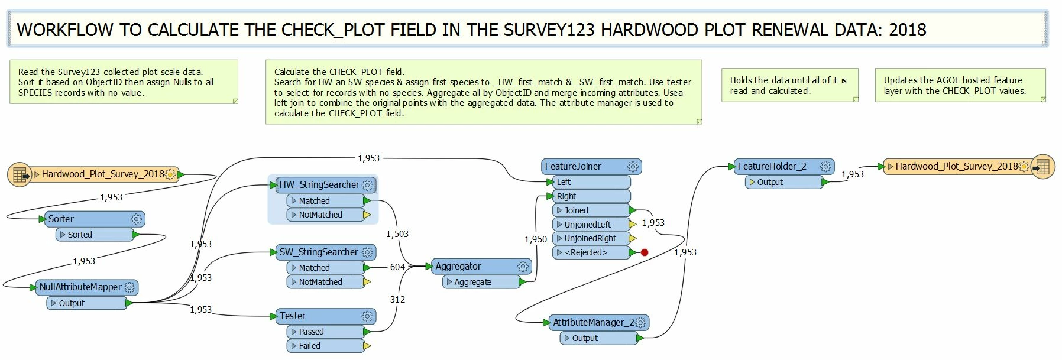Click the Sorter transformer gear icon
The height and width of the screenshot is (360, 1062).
click(x=136, y=219)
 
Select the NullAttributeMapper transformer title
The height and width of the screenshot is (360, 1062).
click(x=80, y=287)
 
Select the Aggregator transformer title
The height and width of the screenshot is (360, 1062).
click(x=458, y=267)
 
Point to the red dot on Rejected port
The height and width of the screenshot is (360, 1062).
click(x=645, y=252)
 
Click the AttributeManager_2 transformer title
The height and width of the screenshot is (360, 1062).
click(x=593, y=323)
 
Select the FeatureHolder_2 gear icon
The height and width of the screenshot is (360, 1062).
click(x=825, y=167)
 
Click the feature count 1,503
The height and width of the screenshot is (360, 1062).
click(x=397, y=234)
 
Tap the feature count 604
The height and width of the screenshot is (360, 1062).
click(x=397, y=267)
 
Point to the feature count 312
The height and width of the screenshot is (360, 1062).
click(x=397, y=300)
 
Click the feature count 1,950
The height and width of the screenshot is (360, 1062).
click(x=536, y=239)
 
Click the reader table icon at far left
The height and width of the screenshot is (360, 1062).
click(x=20, y=174)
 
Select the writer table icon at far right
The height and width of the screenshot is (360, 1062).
click(x=1043, y=167)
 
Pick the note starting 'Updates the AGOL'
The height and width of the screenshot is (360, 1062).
click(x=960, y=86)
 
